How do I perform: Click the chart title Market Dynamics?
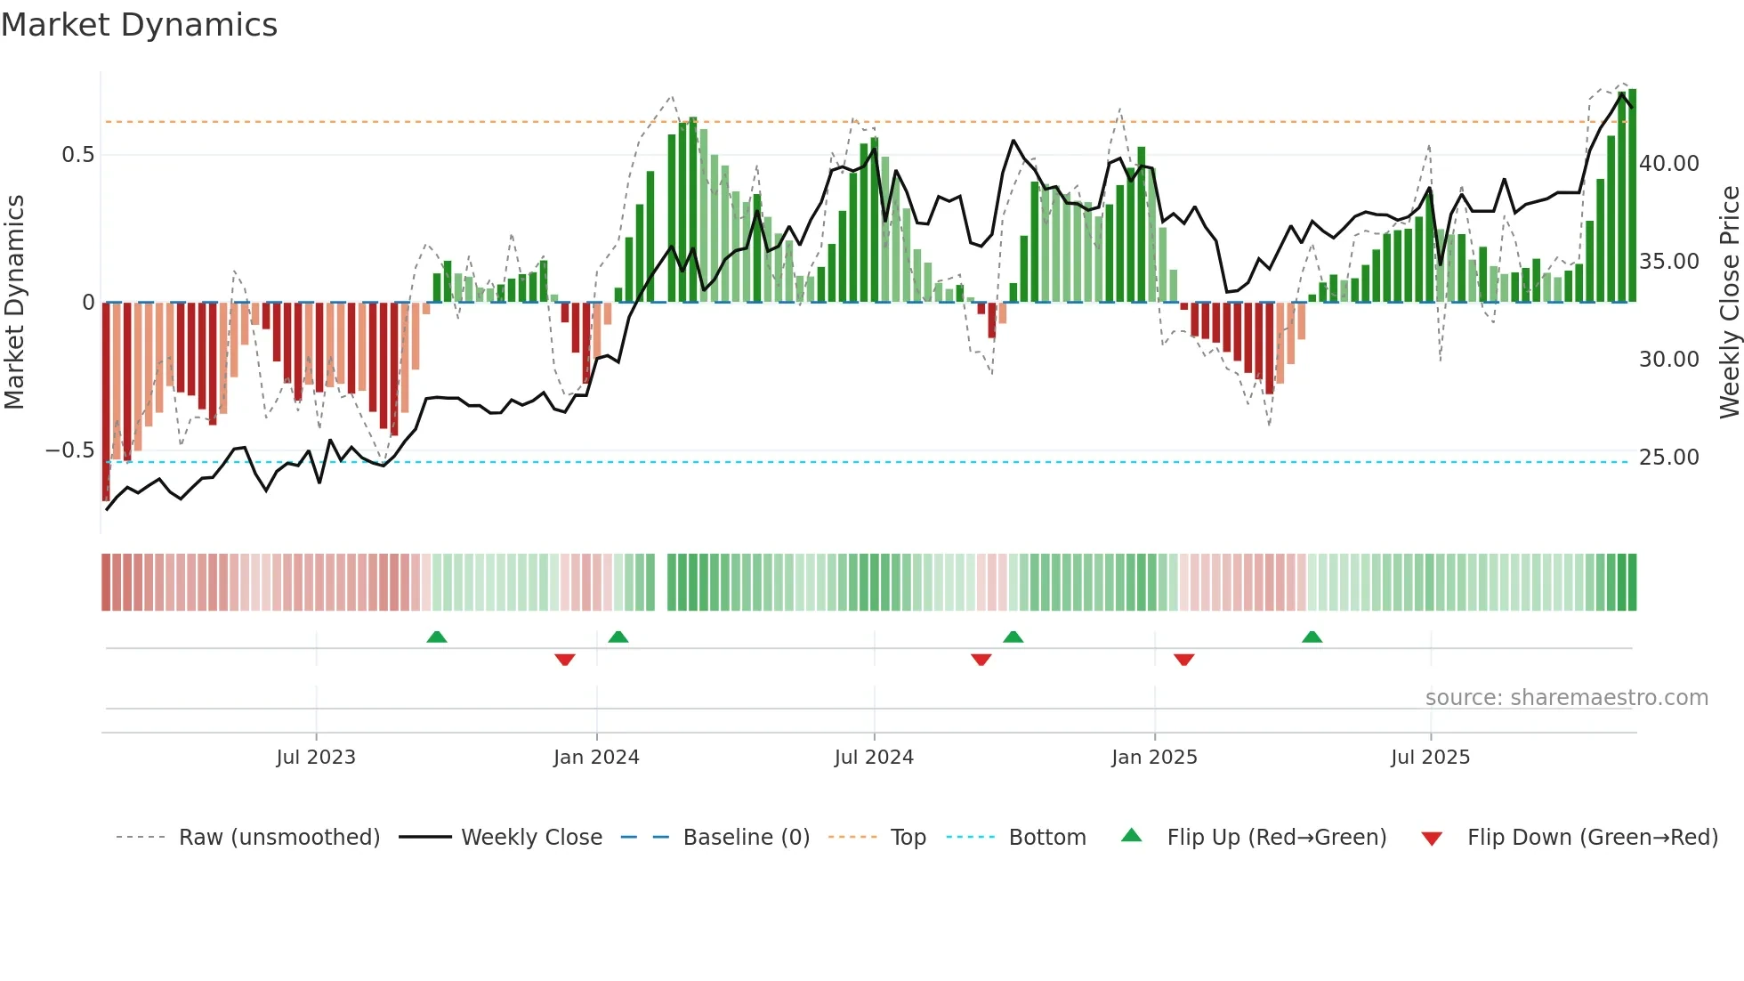pos(140,25)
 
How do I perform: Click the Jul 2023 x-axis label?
pos(316,758)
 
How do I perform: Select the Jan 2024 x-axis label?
pos(596,758)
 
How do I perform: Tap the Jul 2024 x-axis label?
pos(874,758)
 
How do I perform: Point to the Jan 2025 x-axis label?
pos(1154,758)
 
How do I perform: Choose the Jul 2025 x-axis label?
pos(1430,758)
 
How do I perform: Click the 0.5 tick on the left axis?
pos(77,155)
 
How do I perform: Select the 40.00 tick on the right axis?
pos(1669,164)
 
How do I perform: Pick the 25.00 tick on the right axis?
pos(1669,458)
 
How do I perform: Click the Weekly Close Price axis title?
pos(1729,303)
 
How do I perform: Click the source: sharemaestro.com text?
pos(1566,698)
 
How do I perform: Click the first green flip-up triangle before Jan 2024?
pos(436,636)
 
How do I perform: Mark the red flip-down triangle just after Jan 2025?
pos(1183,660)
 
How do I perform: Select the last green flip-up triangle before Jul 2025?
pos(1312,636)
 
